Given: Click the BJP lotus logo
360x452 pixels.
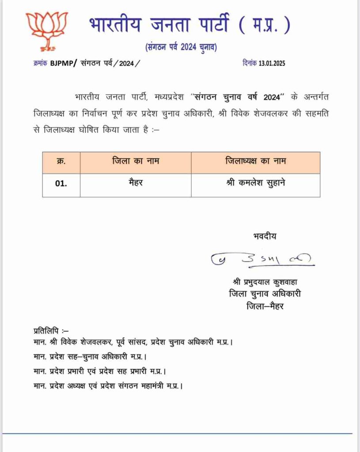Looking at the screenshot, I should click(46, 30).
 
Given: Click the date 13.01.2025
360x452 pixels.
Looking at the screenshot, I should click(270, 63).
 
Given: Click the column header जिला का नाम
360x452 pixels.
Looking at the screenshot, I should click(136, 162).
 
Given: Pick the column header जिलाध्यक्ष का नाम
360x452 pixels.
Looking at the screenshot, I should click(255, 162).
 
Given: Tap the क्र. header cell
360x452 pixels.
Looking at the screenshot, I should click(61, 162).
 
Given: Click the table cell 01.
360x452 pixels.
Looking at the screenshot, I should click(61, 184).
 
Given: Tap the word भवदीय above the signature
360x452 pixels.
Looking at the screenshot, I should click(265, 236).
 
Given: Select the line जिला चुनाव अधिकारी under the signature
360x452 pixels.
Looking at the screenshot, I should click(265, 294).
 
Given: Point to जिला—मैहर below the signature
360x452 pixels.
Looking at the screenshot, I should click(265, 305).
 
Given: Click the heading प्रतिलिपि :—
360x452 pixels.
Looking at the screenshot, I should click(51, 330).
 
